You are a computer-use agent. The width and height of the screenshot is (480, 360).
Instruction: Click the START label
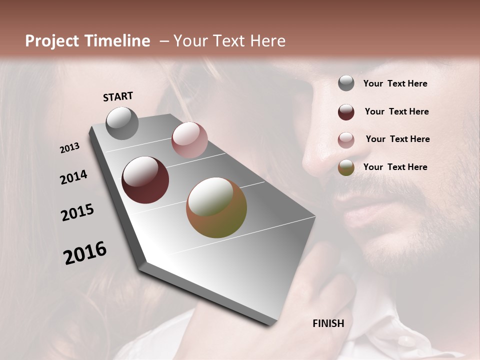point(118,96)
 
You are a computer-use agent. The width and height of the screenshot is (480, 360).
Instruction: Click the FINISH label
point(328,323)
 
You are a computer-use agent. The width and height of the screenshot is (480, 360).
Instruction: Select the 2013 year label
point(70,148)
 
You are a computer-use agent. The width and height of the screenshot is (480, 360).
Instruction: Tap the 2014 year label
point(73,177)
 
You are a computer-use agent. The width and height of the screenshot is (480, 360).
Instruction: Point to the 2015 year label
point(77,212)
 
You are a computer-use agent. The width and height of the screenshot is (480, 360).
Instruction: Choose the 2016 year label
point(85,253)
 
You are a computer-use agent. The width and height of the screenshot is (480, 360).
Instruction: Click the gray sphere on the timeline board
point(122,123)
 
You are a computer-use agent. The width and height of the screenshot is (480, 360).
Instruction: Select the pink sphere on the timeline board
point(189,140)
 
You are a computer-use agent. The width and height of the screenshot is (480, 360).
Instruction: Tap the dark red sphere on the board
point(145,180)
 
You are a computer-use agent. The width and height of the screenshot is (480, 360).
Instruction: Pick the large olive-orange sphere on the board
point(216,207)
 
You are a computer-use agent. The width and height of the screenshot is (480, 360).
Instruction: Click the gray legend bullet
point(346,83)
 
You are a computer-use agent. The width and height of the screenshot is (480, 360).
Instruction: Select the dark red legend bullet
point(346,111)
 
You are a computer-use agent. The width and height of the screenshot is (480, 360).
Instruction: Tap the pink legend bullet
point(346,139)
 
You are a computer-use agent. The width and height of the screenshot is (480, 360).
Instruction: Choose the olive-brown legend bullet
point(346,167)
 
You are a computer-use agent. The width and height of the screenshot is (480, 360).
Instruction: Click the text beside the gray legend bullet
point(395,84)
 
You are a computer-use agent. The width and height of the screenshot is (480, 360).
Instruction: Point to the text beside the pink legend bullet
point(397,139)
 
